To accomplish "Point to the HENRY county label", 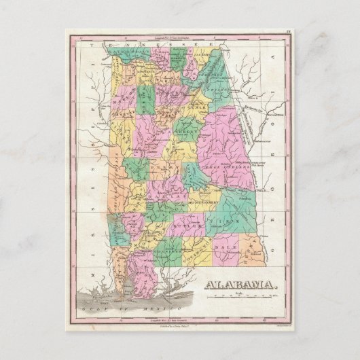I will click(254, 249).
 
